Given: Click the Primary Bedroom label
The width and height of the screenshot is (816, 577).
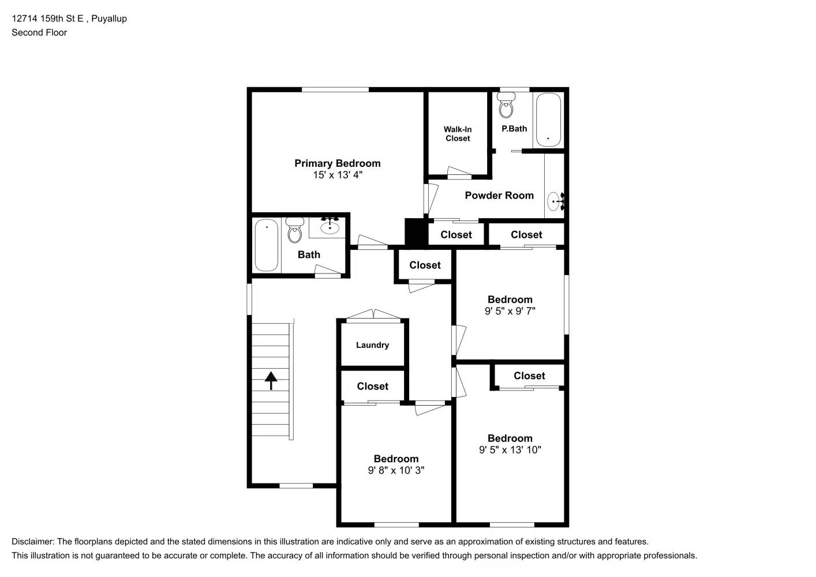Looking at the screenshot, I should [x=337, y=163].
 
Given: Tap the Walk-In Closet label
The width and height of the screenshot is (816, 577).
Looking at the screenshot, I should [x=457, y=134].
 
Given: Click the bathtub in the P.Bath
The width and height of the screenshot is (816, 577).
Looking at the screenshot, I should [x=548, y=119].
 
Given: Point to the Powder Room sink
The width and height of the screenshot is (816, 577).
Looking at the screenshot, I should [x=555, y=201].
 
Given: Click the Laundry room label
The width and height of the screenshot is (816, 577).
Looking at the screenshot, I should [x=372, y=345].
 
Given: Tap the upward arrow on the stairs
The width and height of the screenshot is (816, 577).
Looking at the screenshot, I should [x=271, y=380].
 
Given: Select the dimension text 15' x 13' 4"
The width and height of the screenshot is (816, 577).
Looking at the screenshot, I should [x=338, y=175].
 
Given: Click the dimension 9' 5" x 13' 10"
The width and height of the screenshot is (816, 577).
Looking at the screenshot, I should [x=510, y=450].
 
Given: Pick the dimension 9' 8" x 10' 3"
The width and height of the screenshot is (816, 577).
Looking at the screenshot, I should [x=396, y=470].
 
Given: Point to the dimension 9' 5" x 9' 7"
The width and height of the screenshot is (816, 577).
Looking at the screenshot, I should [x=510, y=311].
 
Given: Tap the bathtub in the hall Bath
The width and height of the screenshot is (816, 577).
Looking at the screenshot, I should [x=266, y=244].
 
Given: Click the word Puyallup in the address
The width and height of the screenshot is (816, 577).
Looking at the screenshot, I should [x=109, y=18].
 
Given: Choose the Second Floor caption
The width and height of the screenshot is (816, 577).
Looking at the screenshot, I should [x=39, y=32].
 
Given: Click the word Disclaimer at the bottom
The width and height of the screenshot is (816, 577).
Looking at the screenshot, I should [x=32, y=542].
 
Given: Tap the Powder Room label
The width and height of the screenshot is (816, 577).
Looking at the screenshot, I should [x=499, y=196].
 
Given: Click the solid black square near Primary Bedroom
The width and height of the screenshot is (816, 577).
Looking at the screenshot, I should [x=414, y=232].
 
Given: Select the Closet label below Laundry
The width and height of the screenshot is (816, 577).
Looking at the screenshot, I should [x=372, y=387].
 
